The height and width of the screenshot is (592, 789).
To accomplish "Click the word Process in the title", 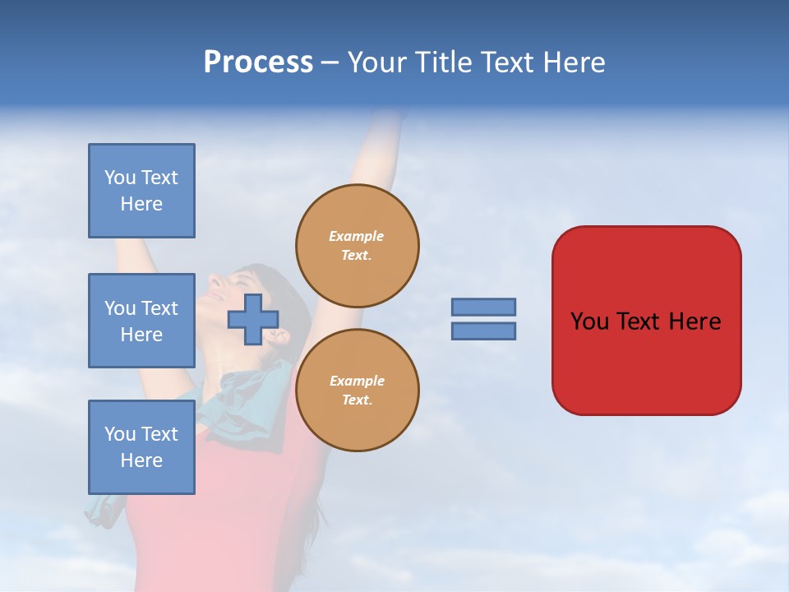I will point(258,62).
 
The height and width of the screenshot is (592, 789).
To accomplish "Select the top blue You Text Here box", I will point(141,191).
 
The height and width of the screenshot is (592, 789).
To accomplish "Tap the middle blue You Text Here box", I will point(141,321).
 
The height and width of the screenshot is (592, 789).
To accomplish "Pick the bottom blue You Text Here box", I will point(141,447).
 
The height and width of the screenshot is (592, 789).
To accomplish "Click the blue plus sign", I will point(252,320).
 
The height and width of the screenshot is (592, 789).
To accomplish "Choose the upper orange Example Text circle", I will point(358,246).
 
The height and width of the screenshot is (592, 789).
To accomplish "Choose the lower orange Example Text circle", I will point(358,391).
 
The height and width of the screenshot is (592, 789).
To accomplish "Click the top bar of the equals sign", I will point(483,308).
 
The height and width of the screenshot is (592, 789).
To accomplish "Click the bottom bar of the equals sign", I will point(483,331).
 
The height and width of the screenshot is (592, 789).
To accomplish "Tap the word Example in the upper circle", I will point(356,236).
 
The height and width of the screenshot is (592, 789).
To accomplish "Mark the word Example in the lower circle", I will point(357,381).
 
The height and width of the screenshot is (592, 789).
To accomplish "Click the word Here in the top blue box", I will point(141,204).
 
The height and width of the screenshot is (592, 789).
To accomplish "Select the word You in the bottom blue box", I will point(120,434).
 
